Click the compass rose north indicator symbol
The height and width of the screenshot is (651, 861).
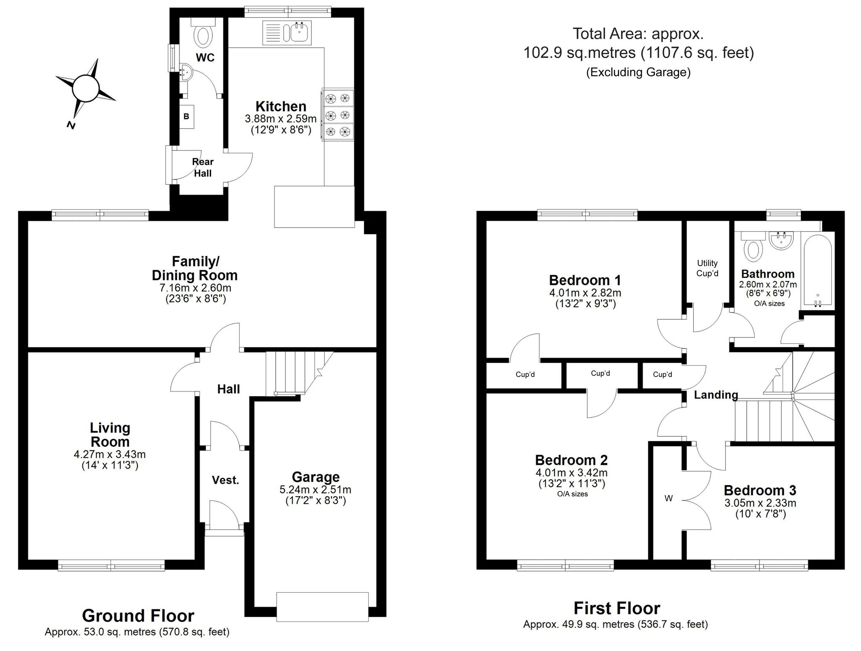click(85, 89)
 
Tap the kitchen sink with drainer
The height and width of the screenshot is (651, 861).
click(288, 33)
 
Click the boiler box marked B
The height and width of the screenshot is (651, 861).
click(186, 116)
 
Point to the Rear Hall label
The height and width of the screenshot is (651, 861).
click(203, 167)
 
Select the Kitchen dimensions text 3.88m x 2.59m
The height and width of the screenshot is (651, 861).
click(281, 119)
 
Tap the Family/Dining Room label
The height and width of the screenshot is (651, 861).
click(195, 268)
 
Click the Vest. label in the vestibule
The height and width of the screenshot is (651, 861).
click(225, 480)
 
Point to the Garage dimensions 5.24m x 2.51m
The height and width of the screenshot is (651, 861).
click(315, 490)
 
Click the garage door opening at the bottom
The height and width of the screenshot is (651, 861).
click(322, 606)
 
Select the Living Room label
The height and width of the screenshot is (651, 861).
click(110, 435)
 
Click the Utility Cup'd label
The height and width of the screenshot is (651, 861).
click(707, 268)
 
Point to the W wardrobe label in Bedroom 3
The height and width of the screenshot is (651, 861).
click(668, 498)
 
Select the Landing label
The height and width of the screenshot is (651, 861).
click(716, 395)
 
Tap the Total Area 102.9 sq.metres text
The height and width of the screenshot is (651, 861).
click(638, 53)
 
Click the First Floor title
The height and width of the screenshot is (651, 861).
click(617, 608)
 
